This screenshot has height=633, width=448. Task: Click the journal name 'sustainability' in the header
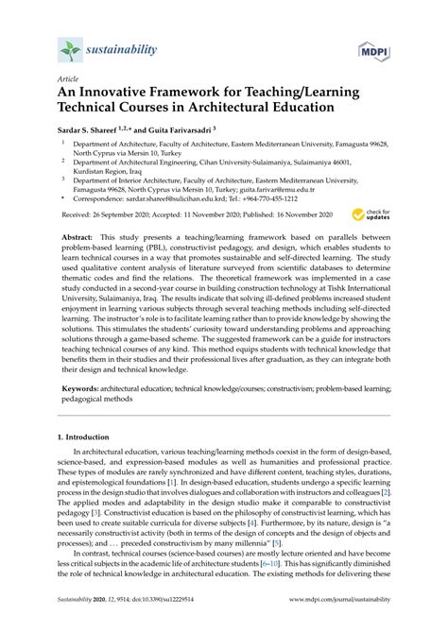pyautogui.click(x=127, y=45)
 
